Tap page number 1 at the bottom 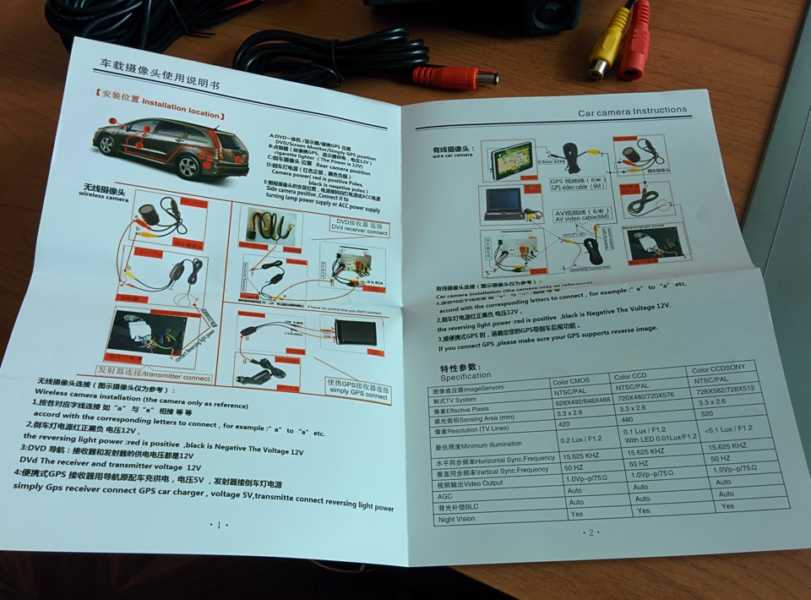(x=219, y=525)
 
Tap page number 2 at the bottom (x=591, y=532)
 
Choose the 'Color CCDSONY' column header (x=721, y=370)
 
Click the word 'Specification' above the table (x=465, y=375)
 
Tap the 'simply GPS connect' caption (x=357, y=390)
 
